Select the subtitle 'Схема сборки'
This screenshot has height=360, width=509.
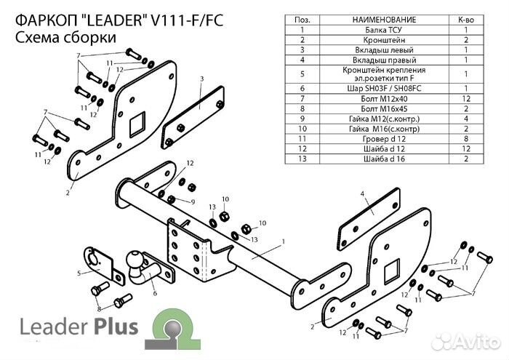64,38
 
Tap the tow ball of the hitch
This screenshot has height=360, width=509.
137,260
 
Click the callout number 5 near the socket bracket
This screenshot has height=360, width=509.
79,273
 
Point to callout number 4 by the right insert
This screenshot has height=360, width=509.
361,193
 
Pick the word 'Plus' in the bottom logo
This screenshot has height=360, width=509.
113,327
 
